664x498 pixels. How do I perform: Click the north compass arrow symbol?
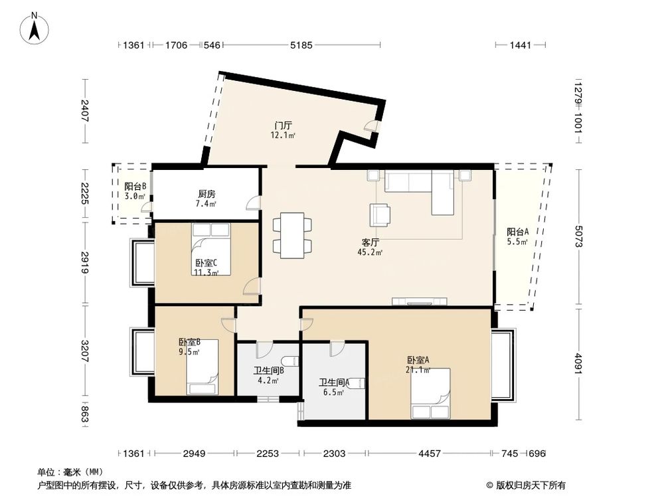click(35, 29)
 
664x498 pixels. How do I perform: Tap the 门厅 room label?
click(283, 125)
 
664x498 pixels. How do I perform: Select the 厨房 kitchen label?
click(207, 194)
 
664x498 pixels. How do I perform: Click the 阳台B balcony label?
click(135, 187)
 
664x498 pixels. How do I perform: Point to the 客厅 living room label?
click(370, 242)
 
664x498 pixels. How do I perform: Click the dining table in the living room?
click(292, 236)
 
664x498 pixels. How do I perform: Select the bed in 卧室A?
click(430, 393)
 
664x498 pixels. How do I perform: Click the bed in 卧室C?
click(211, 249)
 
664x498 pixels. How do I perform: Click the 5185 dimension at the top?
click(301, 45)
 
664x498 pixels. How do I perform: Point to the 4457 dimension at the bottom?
click(430, 454)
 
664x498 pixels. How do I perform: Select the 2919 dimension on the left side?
click(85, 263)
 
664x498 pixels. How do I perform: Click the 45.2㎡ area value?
click(371, 252)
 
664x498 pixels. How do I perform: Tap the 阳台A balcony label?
click(518, 232)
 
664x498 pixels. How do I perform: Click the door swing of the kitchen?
click(253, 203)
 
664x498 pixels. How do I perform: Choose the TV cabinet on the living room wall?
click(419, 301)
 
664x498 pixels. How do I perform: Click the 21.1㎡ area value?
click(418, 370)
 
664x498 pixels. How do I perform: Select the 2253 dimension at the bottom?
click(268, 454)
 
